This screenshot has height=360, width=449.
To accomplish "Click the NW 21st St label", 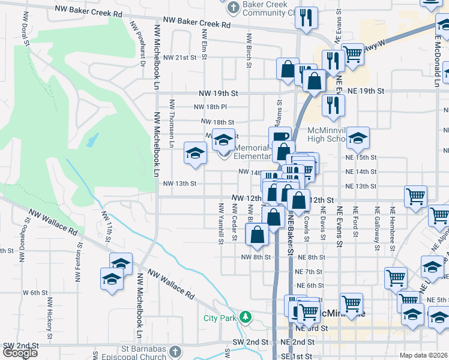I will point(181,58).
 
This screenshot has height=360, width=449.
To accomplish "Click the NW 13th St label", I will point(180,184).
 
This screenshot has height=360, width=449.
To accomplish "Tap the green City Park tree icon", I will point(244,317).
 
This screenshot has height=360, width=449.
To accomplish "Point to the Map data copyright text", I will point(424,355).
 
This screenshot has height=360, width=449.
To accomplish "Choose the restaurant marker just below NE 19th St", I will point(330,104).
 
